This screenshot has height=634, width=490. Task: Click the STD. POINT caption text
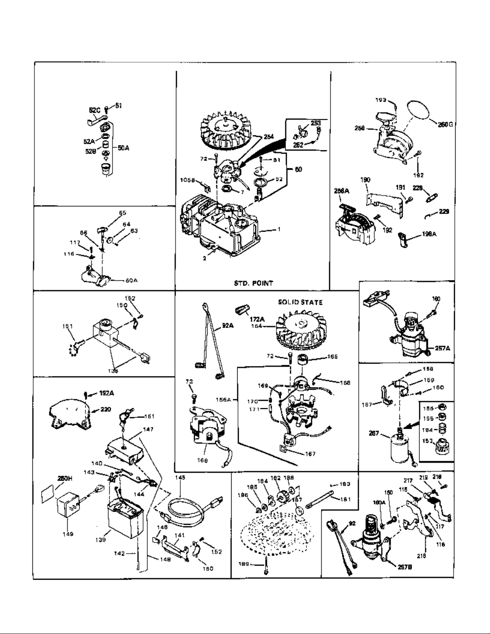(253, 283)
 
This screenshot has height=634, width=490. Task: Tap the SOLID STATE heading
(300, 302)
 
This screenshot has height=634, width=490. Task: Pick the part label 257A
(442, 348)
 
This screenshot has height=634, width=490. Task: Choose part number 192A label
(106, 394)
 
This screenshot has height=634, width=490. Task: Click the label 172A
(257, 320)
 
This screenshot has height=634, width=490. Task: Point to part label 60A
(131, 280)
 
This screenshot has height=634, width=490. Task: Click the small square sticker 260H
(50, 495)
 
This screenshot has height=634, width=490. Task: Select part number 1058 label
(187, 180)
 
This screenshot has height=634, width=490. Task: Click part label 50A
(123, 148)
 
